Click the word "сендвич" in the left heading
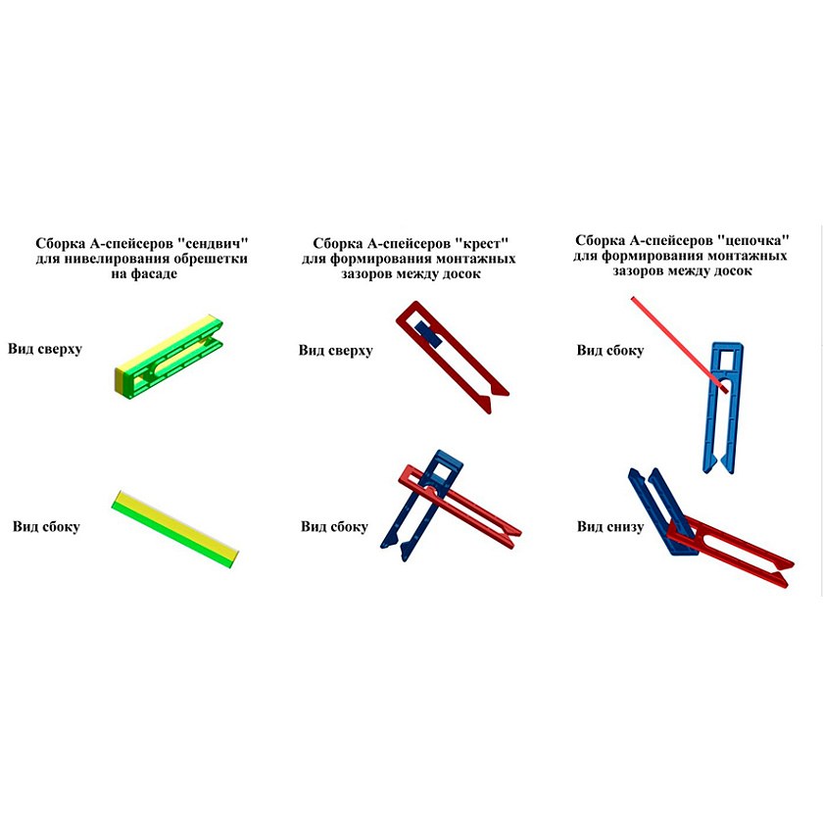pos(212,244)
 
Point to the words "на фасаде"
pos(144,273)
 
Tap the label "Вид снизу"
pos(610,526)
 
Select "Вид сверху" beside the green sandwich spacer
pos(45,349)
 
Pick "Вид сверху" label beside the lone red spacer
pos(336,350)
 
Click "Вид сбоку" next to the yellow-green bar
pos(46,526)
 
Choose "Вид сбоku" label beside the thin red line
pos(610,350)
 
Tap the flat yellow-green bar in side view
pos(175,529)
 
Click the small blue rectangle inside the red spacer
pos(428,334)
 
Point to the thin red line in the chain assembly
pos(679,345)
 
